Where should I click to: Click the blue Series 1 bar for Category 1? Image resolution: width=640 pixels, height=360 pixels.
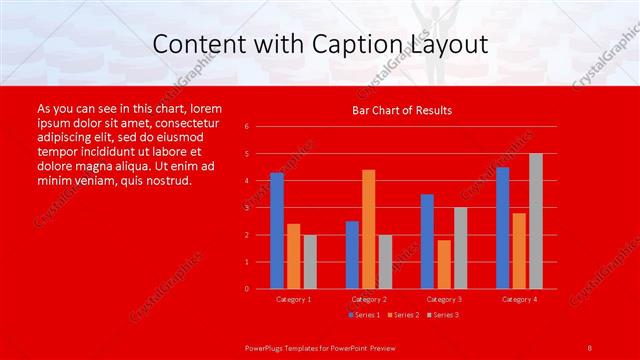277,231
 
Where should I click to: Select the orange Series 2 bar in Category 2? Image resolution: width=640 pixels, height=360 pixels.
368,229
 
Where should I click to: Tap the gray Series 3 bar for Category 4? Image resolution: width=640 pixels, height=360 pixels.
535,221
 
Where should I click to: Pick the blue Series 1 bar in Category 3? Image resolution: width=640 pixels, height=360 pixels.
427,241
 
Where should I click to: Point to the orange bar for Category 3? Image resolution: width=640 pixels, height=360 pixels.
443,264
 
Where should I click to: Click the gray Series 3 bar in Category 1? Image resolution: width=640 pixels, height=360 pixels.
309,262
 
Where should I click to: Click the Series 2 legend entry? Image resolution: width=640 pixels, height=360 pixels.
403,315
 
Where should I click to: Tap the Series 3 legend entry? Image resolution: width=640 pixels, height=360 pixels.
443,315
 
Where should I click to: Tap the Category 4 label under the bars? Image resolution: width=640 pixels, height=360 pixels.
519,299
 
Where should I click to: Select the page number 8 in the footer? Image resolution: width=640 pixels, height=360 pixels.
590,346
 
